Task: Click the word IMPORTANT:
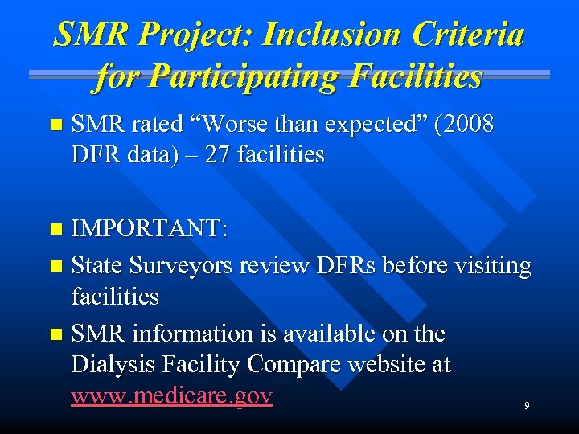150,228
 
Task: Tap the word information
190,334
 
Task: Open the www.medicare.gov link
172,396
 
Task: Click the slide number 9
527,406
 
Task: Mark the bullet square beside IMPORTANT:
55,229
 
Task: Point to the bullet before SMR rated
55,125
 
